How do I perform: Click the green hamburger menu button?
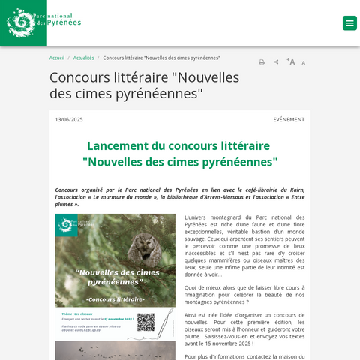pyautogui.click(x=349, y=23)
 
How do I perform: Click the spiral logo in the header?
pyautogui.click(x=21, y=22)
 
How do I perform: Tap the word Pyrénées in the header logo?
pyautogui.click(x=64, y=23)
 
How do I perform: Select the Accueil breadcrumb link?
pyautogui.click(x=57, y=58)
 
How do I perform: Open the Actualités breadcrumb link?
pyautogui.click(x=84, y=58)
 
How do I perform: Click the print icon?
pyautogui.click(x=262, y=62)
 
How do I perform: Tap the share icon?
pyautogui.click(x=276, y=62)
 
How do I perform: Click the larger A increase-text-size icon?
pyautogui.click(x=290, y=61)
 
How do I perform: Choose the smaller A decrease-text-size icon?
pyautogui.click(x=303, y=63)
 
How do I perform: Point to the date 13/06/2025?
pyautogui.click(x=69, y=119)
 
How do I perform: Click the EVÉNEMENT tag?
pyautogui.click(x=289, y=119)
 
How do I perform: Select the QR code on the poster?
pyautogui.click(x=145, y=322)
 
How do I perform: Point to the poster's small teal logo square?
pyautogui.click(x=66, y=224)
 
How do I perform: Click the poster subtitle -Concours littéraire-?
pyautogui.click(x=115, y=299)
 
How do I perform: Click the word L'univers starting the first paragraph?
pyautogui.click(x=197, y=217)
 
